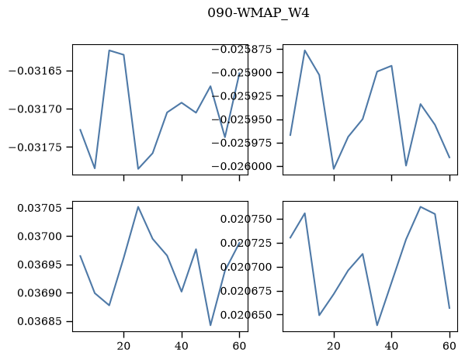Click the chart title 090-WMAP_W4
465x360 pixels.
click(259, 13)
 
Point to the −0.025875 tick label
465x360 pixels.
click(246, 49)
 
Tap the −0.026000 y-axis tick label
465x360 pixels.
click(246, 167)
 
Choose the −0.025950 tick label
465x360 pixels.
click(246, 119)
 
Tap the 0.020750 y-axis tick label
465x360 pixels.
click(251, 220)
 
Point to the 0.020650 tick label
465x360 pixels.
click(251, 315)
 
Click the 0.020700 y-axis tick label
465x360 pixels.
click(251, 267)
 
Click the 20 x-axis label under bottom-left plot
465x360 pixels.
click(123, 346)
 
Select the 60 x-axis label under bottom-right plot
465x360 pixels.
click(449, 346)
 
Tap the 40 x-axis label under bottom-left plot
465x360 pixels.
click(182, 346)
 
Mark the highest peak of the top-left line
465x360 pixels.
click(109, 50)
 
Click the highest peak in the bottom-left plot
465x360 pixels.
click(138, 206)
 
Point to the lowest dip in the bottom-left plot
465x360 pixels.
click(210, 325)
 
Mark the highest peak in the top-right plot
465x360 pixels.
click(304, 50)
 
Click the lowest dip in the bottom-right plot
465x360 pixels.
click(377, 325)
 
